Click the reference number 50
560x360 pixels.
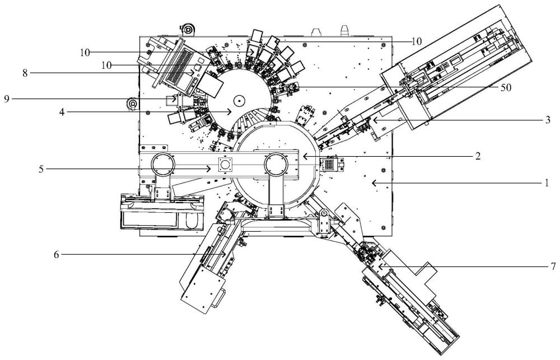point(506,87)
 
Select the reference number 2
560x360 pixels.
point(478,156)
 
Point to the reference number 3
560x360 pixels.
point(548,120)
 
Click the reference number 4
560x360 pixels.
point(62,112)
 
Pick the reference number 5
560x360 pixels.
point(41,169)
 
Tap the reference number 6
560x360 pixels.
point(56,255)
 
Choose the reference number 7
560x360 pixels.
point(553,266)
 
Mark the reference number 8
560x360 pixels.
point(25,73)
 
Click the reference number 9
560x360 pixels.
point(7,99)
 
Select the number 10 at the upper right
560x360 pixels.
point(417,41)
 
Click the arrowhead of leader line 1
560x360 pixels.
point(374,183)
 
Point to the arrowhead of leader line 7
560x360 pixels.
point(381,267)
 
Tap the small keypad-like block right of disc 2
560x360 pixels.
point(329,165)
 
